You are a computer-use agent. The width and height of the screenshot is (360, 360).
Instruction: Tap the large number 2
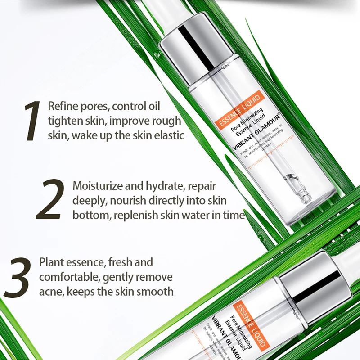point(51,200)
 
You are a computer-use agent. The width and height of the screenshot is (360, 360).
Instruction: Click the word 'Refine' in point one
point(63,107)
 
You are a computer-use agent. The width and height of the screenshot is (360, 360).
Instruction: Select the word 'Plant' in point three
point(52,262)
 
